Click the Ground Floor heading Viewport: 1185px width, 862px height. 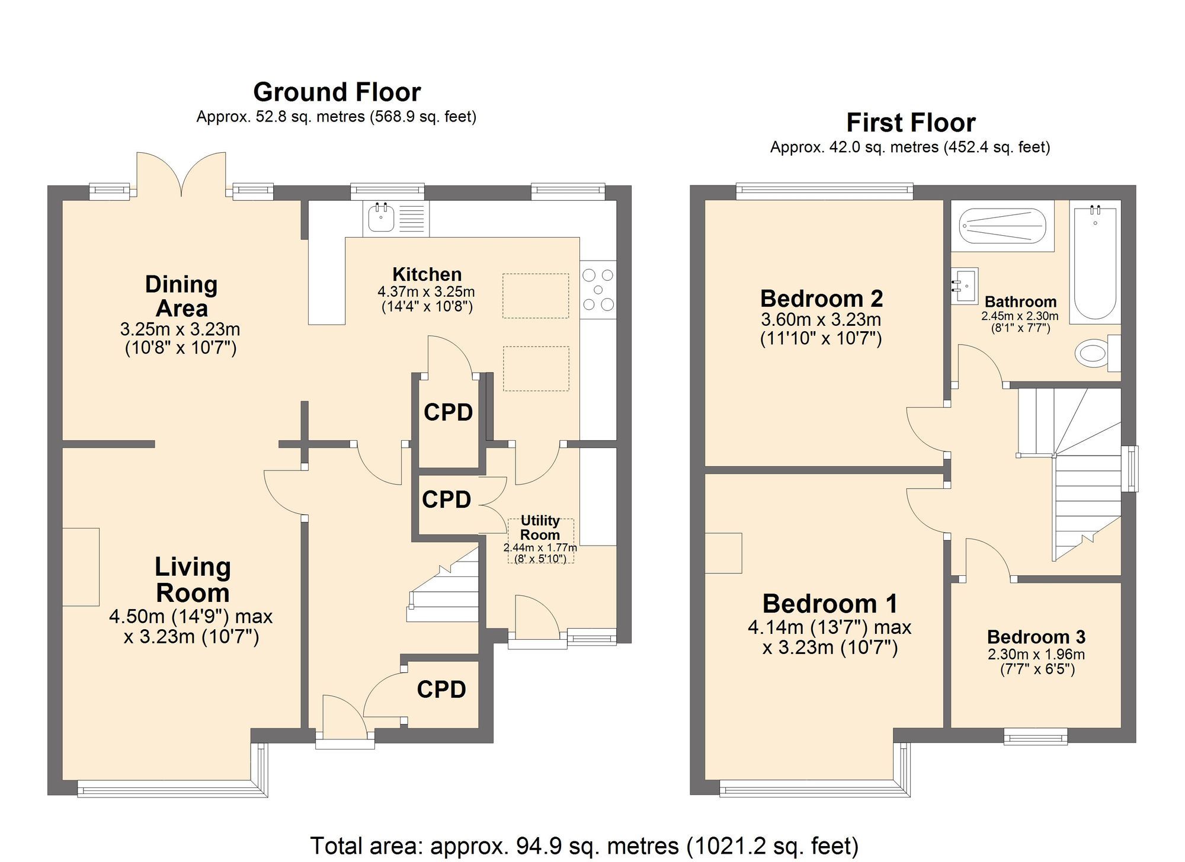pos(337,92)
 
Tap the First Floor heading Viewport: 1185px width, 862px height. pos(910,123)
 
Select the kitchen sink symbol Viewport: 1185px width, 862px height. pos(381,217)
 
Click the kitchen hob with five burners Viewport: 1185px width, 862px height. pos(598,290)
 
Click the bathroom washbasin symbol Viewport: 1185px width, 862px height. pos(964,286)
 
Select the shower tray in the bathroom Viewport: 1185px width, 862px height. pos(1003,226)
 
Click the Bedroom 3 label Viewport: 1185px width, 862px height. pos(1036,637)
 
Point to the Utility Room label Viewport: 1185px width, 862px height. pos(540,527)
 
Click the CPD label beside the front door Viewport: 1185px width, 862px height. pos(441,689)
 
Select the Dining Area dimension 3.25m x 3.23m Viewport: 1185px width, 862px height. pos(180,329)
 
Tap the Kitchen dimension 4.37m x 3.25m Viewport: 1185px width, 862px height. pos(426,291)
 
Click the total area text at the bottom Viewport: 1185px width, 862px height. pos(584,845)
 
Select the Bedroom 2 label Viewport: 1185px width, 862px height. pos(821,299)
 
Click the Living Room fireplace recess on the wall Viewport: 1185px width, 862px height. pos(81,566)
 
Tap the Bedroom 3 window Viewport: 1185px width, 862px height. pos(1035,736)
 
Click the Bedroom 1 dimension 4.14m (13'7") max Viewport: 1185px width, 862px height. pos(829,627)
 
